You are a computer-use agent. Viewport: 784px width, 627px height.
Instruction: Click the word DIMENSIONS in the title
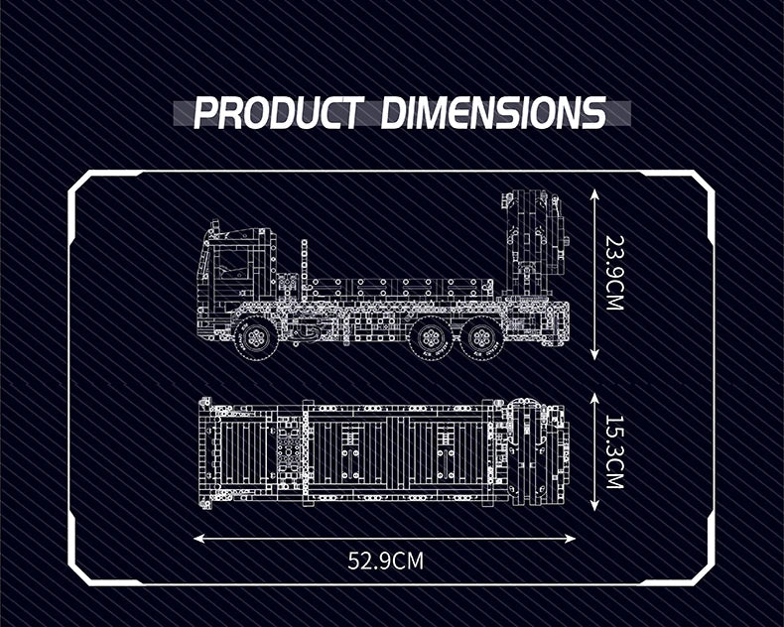pos(494,112)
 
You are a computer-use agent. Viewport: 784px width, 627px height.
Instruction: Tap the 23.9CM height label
pos(615,273)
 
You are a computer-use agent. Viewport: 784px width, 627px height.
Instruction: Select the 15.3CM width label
pos(615,452)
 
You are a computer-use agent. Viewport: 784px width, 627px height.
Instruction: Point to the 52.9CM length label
pos(385,561)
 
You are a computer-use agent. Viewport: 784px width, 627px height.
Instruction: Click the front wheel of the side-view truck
pos(256,338)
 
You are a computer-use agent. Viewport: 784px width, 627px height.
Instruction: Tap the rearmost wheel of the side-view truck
pos(481,338)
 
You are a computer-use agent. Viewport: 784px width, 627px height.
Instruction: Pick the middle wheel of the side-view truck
pos(431,338)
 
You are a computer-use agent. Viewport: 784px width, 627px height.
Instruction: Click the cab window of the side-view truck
pos(232,264)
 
